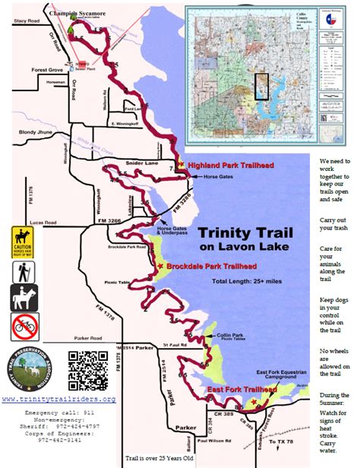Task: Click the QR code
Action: tap(85, 370)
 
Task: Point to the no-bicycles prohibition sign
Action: tap(24, 327)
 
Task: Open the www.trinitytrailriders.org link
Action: tap(58, 400)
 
